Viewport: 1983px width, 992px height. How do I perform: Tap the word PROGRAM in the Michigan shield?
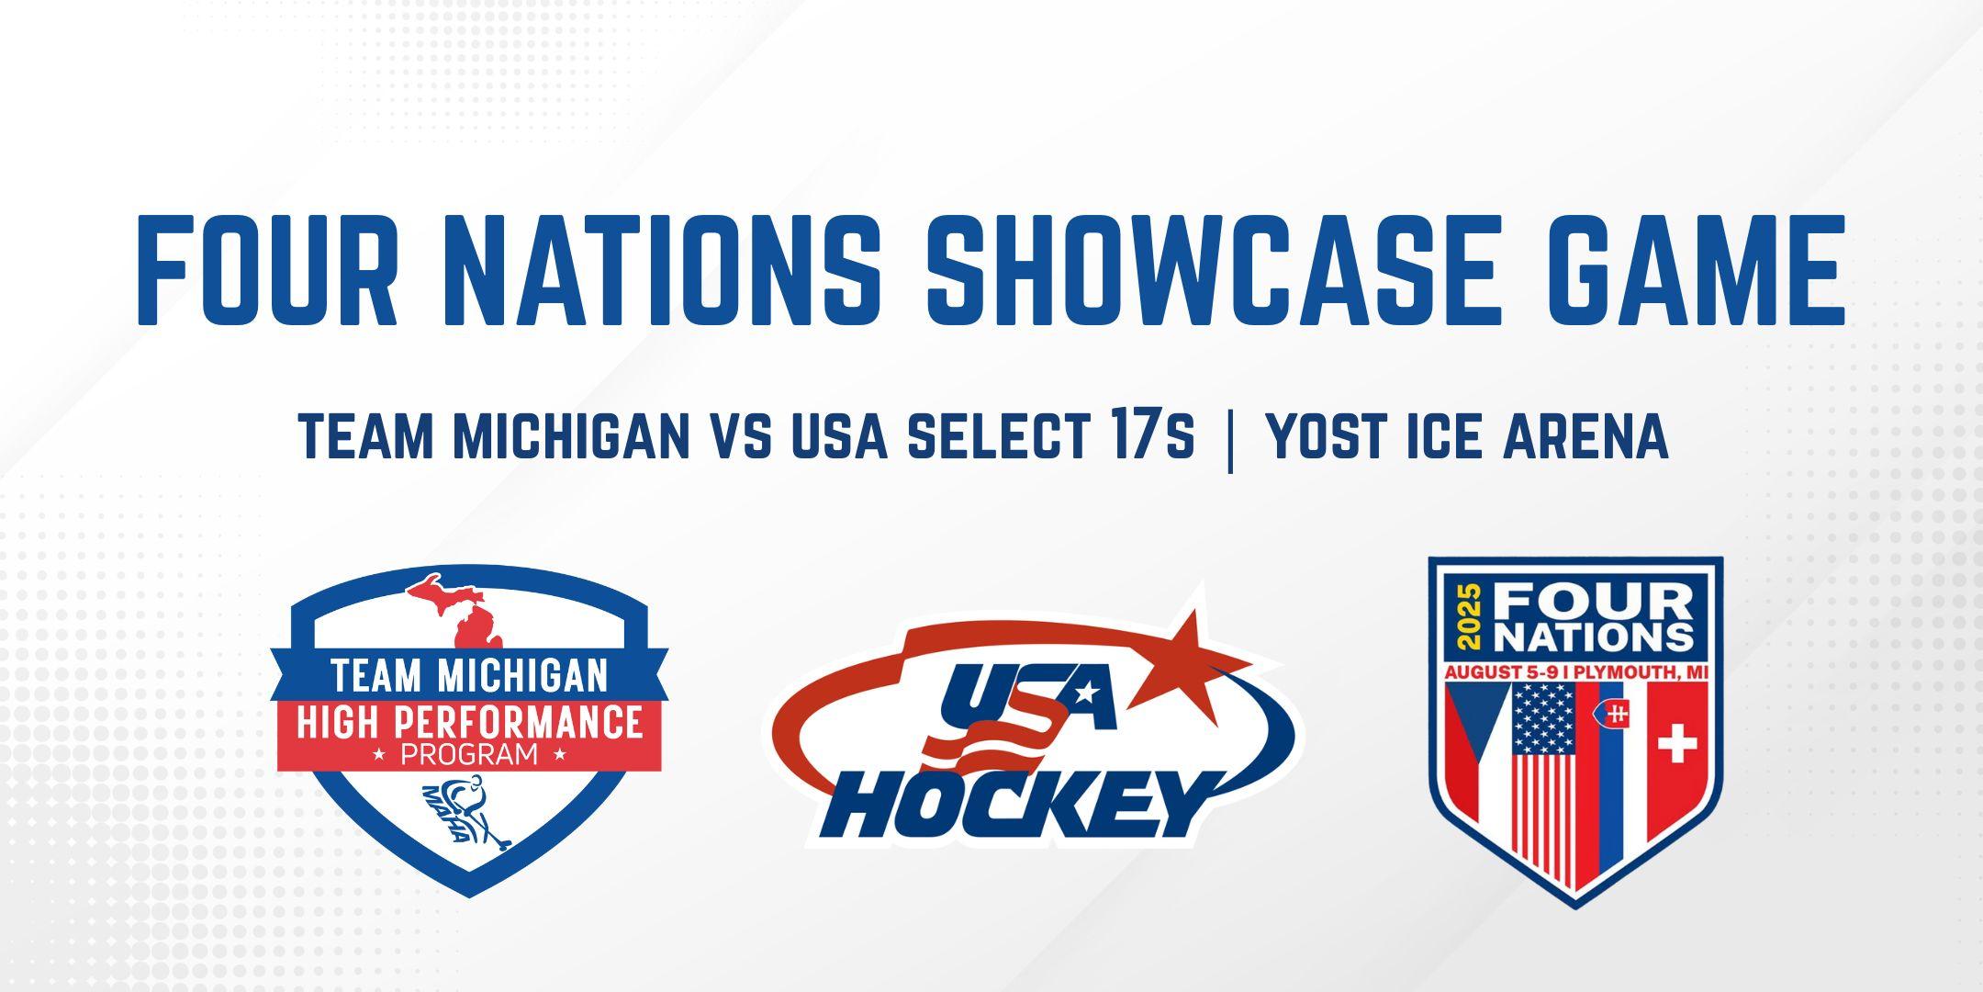click(x=469, y=756)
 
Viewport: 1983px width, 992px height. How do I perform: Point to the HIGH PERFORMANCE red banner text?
click(x=469, y=723)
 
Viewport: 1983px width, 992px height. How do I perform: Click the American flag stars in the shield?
click(x=1543, y=720)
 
